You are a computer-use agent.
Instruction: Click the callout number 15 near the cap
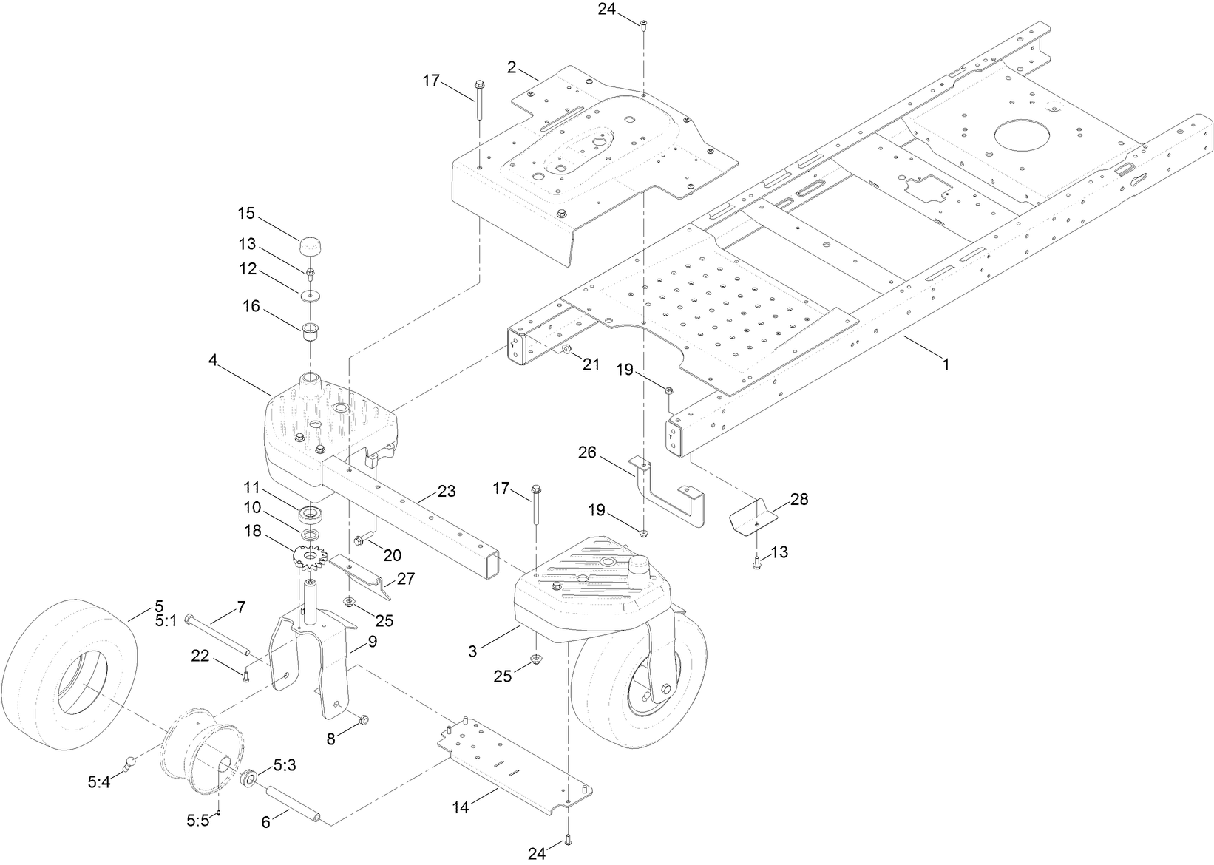pos(245,214)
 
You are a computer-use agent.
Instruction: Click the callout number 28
pos(799,499)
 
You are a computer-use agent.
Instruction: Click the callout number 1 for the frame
pos(944,364)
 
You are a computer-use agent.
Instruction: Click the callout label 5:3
pos(285,766)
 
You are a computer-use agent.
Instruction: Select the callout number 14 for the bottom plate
pos(461,808)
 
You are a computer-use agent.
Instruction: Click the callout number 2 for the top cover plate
pos(512,67)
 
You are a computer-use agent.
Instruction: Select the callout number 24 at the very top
pos(607,9)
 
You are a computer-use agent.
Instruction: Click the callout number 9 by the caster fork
pos(372,642)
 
